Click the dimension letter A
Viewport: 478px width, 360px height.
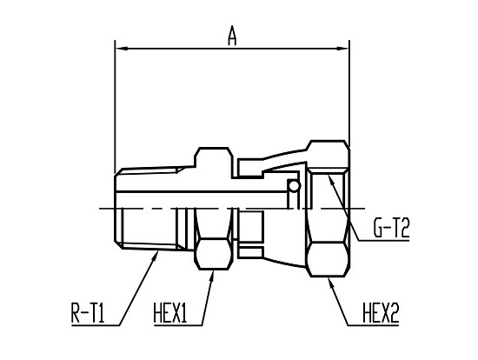pyautogui.click(x=232, y=36)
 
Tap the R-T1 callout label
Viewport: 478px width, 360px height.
pyautogui.click(x=88, y=313)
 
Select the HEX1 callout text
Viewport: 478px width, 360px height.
pyautogui.click(x=170, y=313)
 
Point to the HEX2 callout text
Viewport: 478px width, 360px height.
pyautogui.click(x=381, y=313)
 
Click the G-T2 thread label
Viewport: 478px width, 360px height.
pyautogui.click(x=391, y=228)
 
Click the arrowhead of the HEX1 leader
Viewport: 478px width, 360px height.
pyautogui.click(x=211, y=277)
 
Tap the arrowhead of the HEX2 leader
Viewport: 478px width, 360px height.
pyautogui.click(x=332, y=283)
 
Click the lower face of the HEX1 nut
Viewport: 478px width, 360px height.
pyautogui.click(x=213, y=254)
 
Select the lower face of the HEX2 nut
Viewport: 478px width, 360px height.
pyautogui.click(x=327, y=259)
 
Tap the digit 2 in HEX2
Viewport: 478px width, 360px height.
pyautogui.click(x=394, y=313)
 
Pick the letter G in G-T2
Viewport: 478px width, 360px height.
pyautogui.click(x=379, y=228)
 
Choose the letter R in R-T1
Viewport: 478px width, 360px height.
pyautogui.click(x=76, y=313)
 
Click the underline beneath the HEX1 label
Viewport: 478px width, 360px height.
pyautogui.click(x=177, y=325)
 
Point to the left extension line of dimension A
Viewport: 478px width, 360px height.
pyautogui.click(x=115, y=107)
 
